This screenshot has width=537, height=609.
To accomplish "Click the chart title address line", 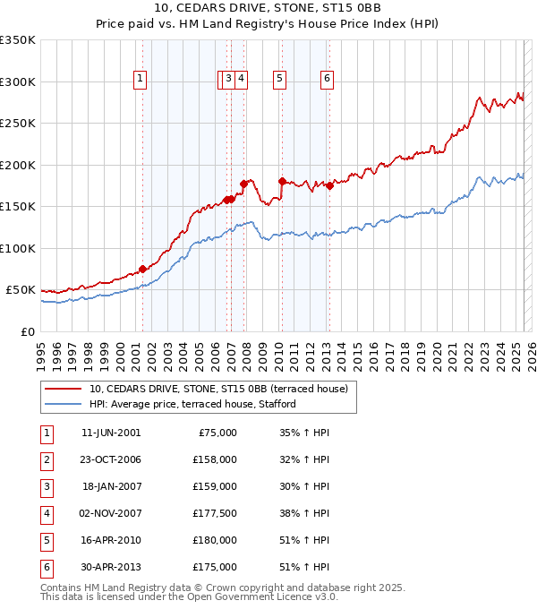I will click(x=268, y=9).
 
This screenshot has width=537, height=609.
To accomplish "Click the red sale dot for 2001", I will click(x=142, y=269).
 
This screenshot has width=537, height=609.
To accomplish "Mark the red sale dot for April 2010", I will click(x=282, y=182).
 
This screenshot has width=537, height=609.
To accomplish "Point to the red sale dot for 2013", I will click(x=329, y=185).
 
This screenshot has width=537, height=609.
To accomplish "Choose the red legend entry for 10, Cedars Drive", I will click(x=224, y=389).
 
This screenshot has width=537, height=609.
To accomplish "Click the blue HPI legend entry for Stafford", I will click(x=192, y=405).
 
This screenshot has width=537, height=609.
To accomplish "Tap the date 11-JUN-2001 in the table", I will click(x=111, y=433).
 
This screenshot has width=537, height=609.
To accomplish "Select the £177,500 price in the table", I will click(x=215, y=514).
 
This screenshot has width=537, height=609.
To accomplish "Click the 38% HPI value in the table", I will click(x=306, y=514).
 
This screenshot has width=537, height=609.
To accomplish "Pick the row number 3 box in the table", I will click(x=46, y=487).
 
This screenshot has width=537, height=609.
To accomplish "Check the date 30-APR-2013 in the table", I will click(x=111, y=568).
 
